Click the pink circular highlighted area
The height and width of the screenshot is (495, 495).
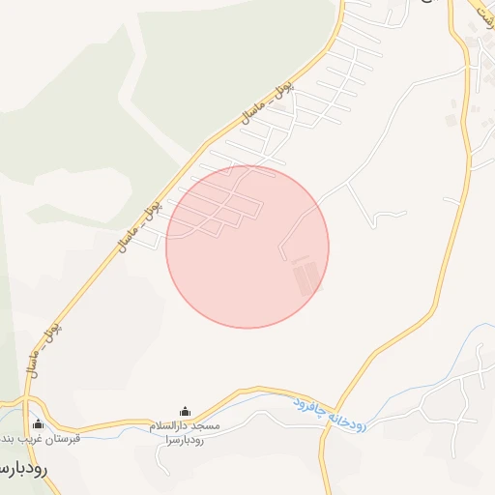click(247, 247)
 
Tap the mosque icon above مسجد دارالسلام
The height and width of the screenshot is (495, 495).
click(186, 412)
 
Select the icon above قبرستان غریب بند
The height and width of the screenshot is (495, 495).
click(39, 422)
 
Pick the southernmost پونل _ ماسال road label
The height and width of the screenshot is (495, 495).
click(45, 346)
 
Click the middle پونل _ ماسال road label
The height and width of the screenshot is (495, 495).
click(137, 223)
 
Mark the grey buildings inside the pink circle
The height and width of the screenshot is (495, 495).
click(306, 276)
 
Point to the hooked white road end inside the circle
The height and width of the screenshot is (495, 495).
click(282, 254)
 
